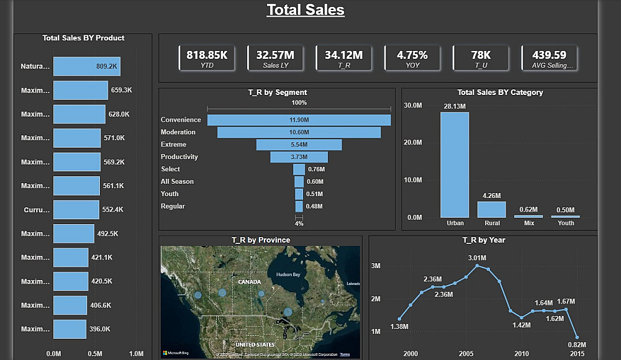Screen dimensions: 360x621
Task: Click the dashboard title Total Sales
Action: [305, 10]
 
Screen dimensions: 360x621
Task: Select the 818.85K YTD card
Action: [207, 58]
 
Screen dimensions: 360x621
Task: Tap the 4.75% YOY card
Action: [412, 58]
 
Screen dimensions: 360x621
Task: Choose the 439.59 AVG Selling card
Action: [549, 58]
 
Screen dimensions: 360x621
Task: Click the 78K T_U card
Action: [481, 58]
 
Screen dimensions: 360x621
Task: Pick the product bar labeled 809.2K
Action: [86, 66]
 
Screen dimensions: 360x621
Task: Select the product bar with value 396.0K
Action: [70, 329]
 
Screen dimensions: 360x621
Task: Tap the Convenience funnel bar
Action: [299, 120]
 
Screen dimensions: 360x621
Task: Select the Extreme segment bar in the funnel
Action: [299, 145]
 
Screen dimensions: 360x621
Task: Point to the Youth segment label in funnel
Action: [170, 194]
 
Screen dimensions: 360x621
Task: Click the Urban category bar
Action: [455, 164]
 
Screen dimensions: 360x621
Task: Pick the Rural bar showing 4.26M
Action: [491, 209]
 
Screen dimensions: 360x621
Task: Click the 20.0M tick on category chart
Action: [413, 143]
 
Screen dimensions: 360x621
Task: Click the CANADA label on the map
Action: [249, 282]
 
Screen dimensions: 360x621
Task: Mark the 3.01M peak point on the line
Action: [477, 266]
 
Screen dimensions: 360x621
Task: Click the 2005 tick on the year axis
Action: [466, 353]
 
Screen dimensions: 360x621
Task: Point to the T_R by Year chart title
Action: [484, 240]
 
